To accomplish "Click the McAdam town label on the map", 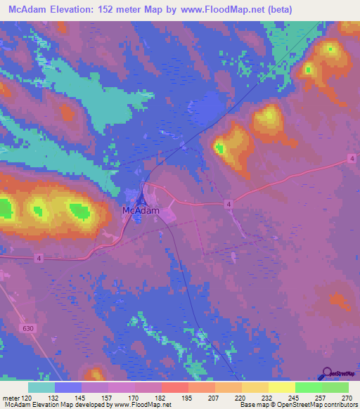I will point(141,210).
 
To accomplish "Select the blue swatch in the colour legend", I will point(68,387).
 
